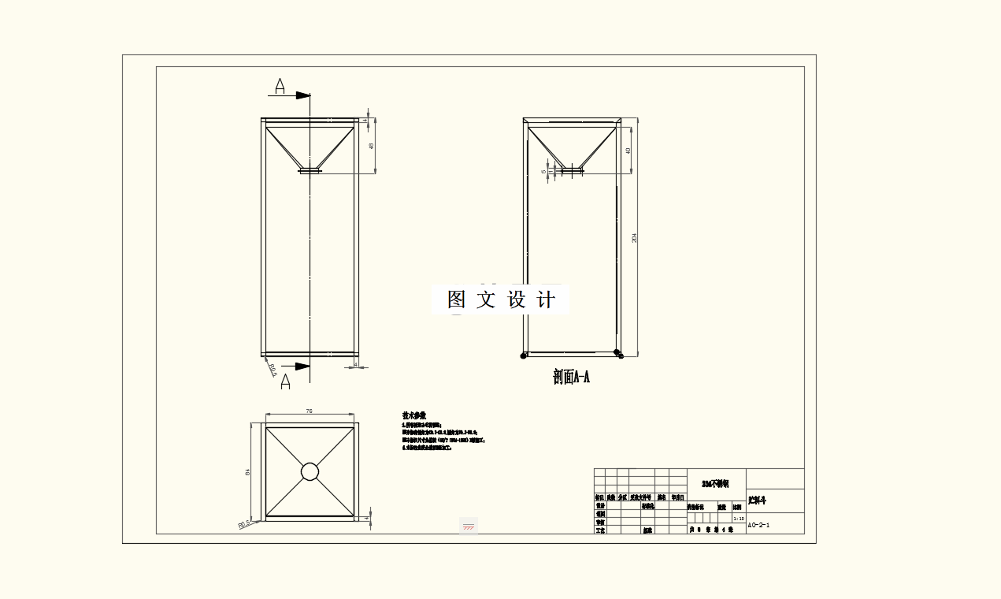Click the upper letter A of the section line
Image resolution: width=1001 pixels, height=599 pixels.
point(280,85)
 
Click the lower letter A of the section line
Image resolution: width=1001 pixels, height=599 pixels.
point(285,381)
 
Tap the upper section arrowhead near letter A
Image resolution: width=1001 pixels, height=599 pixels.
point(303,95)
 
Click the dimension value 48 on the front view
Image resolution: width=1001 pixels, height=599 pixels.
point(371,146)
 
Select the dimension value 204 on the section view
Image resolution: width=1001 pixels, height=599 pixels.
point(634,237)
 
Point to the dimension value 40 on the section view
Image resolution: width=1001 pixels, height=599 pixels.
point(628,150)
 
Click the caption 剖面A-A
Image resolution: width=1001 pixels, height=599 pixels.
point(571,378)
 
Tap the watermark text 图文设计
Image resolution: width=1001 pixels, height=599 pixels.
point(501,299)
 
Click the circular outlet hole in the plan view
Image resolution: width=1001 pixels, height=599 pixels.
point(310,471)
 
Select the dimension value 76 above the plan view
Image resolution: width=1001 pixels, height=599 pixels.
point(310,411)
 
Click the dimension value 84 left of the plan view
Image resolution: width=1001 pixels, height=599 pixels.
point(248,471)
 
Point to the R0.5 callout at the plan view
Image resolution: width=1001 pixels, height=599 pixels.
point(244,523)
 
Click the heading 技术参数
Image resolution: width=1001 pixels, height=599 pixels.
point(414,415)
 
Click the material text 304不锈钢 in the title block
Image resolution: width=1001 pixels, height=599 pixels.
point(715,483)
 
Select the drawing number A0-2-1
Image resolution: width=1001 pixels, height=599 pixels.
point(758,525)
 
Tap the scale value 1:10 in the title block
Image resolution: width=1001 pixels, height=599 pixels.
point(738,519)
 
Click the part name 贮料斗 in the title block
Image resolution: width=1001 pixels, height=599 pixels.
point(758,500)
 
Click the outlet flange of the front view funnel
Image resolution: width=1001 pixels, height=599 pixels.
point(310,169)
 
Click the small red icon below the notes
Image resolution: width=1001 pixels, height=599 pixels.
point(469,526)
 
